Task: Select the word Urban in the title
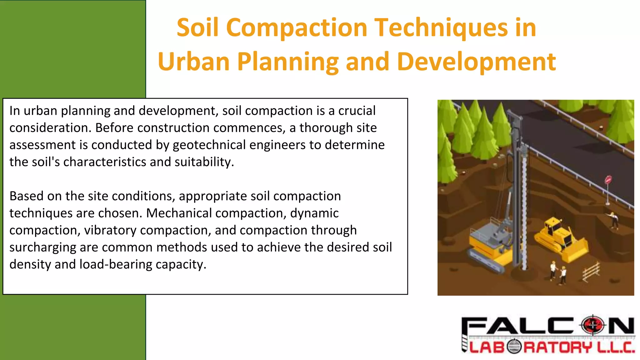point(194,62)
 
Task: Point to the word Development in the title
point(477,62)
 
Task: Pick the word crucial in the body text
point(357,111)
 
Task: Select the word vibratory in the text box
point(110,230)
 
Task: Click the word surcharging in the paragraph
point(42,247)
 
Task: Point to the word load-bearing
point(116,264)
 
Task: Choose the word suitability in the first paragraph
point(204,162)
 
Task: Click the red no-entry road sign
point(608,180)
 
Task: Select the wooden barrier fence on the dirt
point(591,271)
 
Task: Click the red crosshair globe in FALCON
point(593,326)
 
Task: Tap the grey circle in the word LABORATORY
point(514,347)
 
